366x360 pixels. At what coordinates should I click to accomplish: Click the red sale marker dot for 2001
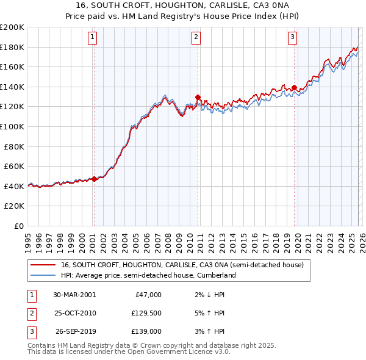95,179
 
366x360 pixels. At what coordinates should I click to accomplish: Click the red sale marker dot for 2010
198,97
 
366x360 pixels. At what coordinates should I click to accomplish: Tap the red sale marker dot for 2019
294,88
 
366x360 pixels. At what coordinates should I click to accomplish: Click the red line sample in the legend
43,265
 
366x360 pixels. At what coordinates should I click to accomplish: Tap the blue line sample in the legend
43,275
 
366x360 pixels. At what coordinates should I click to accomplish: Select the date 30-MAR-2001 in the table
74,295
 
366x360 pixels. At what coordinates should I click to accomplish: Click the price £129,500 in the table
146,313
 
